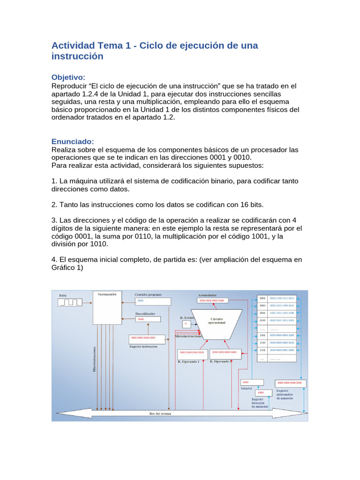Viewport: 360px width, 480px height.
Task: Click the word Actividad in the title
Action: pyautogui.click(x=73, y=46)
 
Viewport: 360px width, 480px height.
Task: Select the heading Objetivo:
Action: pyautogui.click(x=68, y=77)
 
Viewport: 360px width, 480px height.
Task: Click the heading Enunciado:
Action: pyautogui.click(x=72, y=142)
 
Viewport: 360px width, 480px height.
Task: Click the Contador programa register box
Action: pyautogui.click(x=153, y=301)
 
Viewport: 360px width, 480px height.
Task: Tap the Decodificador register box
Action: pyautogui.click(x=147, y=319)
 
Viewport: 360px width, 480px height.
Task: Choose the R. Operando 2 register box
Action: pyautogui.click(x=226, y=352)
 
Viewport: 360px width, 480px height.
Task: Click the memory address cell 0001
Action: pyautogui.click(x=262, y=298)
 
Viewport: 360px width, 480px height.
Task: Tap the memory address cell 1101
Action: pyautogui.click(x=262, y=350)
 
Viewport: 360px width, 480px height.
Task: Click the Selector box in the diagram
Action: pyautogui.click(x=252, y=382)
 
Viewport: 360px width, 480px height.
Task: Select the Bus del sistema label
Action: pyautogui.click(x=160, y=413)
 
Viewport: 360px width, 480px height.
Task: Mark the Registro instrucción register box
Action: pyautogui.click(x=147, y=337)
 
